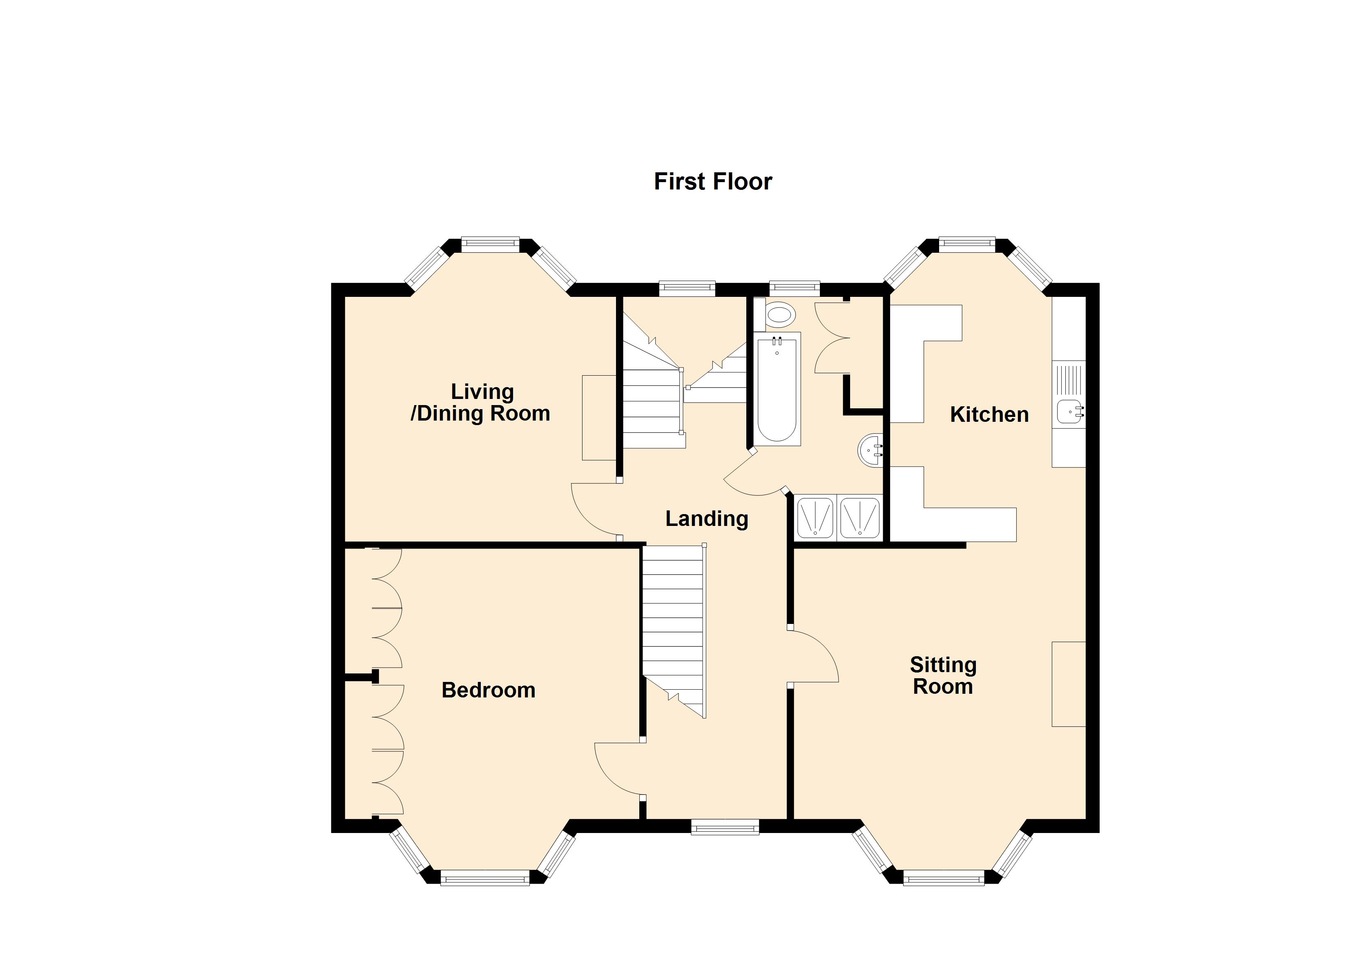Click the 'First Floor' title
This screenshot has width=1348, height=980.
(713, 182)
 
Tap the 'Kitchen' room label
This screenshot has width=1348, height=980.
(989, 414)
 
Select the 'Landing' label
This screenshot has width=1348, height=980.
(707, 519)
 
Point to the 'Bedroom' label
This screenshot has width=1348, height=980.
(489, 690)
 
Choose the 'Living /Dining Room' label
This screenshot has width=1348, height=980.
(480, 402)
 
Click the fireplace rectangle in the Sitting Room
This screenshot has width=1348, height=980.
(1069, 684)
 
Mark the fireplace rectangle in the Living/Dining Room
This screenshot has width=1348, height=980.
(598, 418)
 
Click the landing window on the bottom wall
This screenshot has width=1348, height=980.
(725, 826)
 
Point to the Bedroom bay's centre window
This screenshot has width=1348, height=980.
(485, 878)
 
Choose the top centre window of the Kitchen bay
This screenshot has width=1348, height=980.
(966, 243)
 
